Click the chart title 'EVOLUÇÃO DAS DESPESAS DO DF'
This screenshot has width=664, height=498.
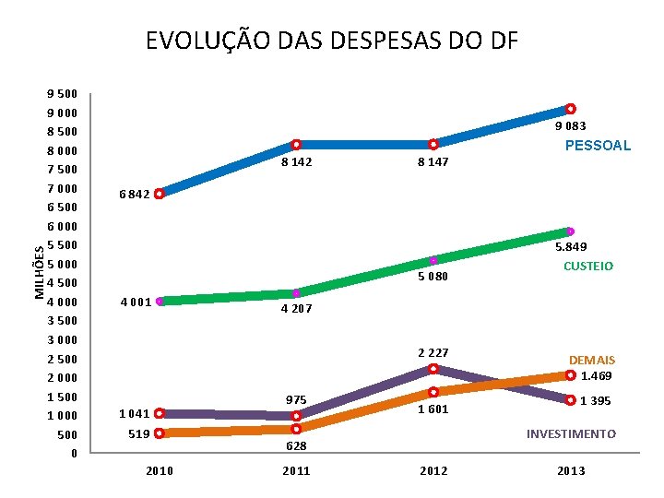332,41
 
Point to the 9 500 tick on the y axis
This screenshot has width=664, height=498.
63,94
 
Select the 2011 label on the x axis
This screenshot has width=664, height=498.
296,471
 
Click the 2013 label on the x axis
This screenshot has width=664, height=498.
571,471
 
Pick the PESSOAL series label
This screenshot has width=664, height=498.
598,146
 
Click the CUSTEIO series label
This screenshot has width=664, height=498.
588,267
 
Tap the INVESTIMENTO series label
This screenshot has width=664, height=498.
571,433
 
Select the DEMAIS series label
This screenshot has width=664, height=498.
592,360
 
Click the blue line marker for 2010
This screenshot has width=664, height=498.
160,194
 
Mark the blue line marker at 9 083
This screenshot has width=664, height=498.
571,109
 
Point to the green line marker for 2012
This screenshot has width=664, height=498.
433,261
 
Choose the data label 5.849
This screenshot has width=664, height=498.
570,248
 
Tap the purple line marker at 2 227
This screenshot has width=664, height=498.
433,369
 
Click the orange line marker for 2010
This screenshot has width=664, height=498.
160,433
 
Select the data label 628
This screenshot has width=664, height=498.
296,446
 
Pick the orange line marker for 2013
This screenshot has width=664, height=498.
571,375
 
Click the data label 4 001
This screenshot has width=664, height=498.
136,302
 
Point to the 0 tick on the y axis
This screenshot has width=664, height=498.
74,453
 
